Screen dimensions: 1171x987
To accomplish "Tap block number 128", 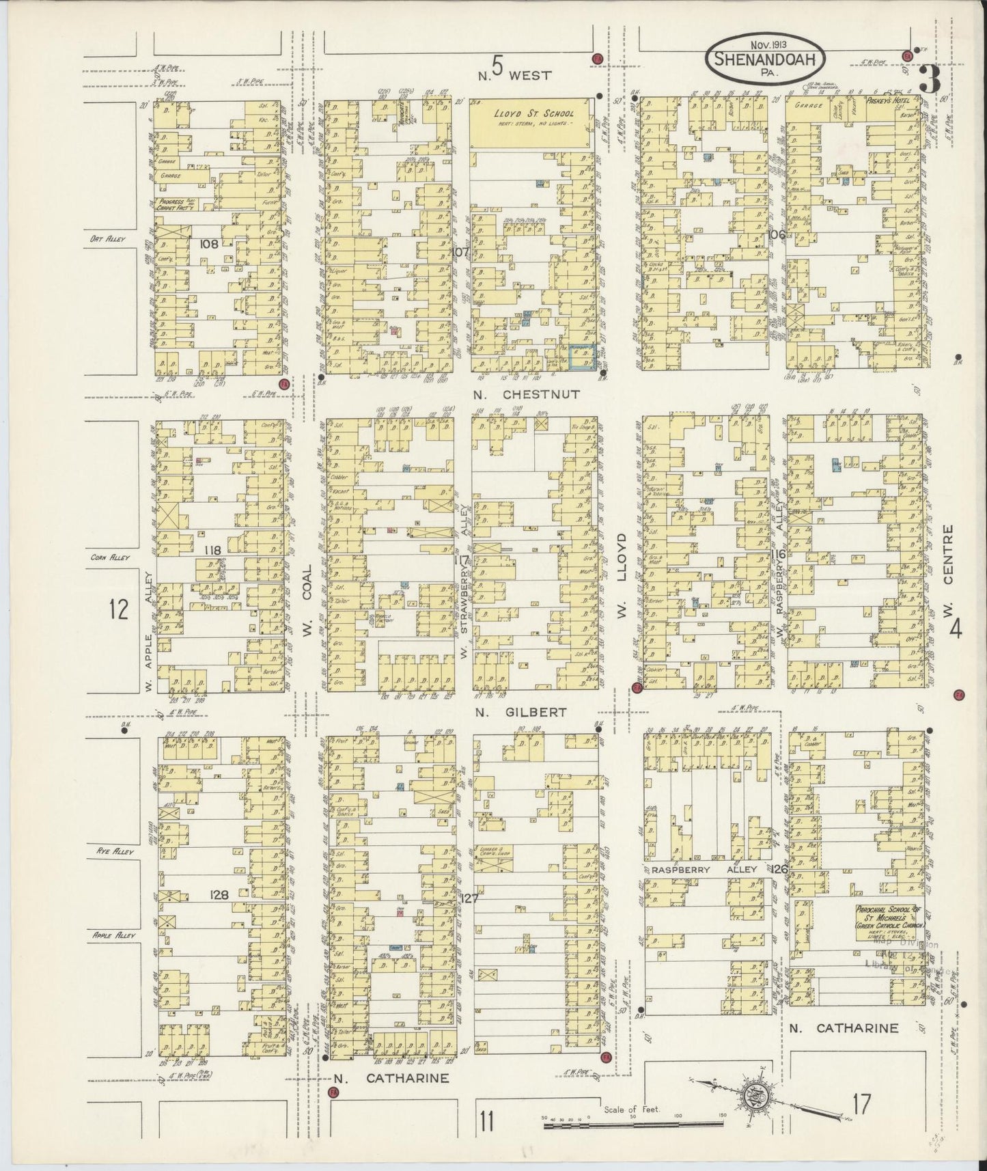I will [219, 893].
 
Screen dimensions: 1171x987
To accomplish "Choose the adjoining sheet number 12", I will [118, 609].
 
